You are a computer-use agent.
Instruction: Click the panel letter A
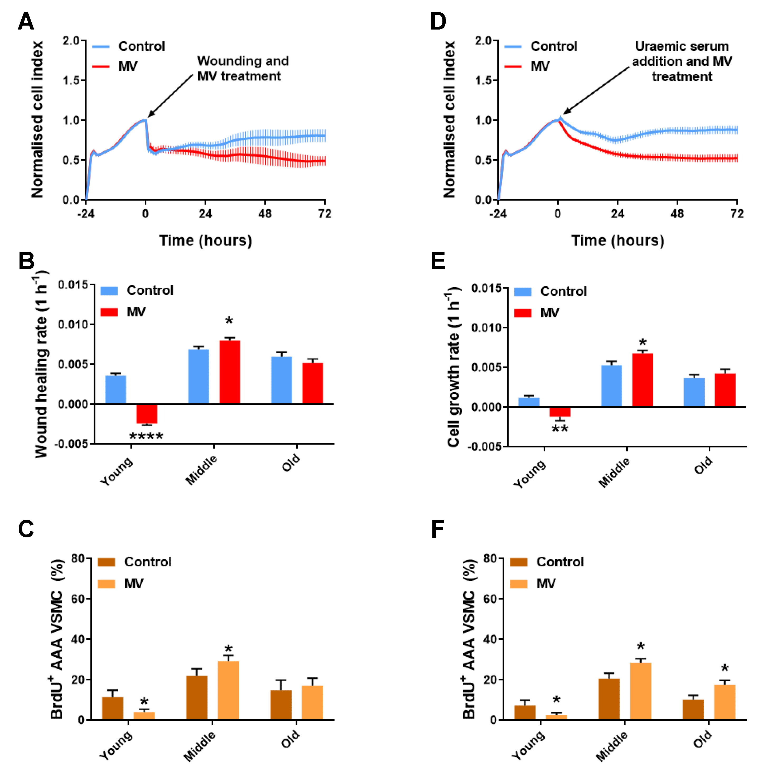26,22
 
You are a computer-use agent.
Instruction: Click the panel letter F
438,529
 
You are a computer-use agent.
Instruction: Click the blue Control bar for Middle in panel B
198,376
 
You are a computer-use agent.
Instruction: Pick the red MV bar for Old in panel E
725,390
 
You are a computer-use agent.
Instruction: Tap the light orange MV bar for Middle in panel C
228,690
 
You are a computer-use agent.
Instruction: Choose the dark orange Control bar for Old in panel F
693,709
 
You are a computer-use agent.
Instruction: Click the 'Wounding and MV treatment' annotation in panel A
242,68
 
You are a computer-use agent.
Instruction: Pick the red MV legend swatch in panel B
109,312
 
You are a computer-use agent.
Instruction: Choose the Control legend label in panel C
148,562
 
